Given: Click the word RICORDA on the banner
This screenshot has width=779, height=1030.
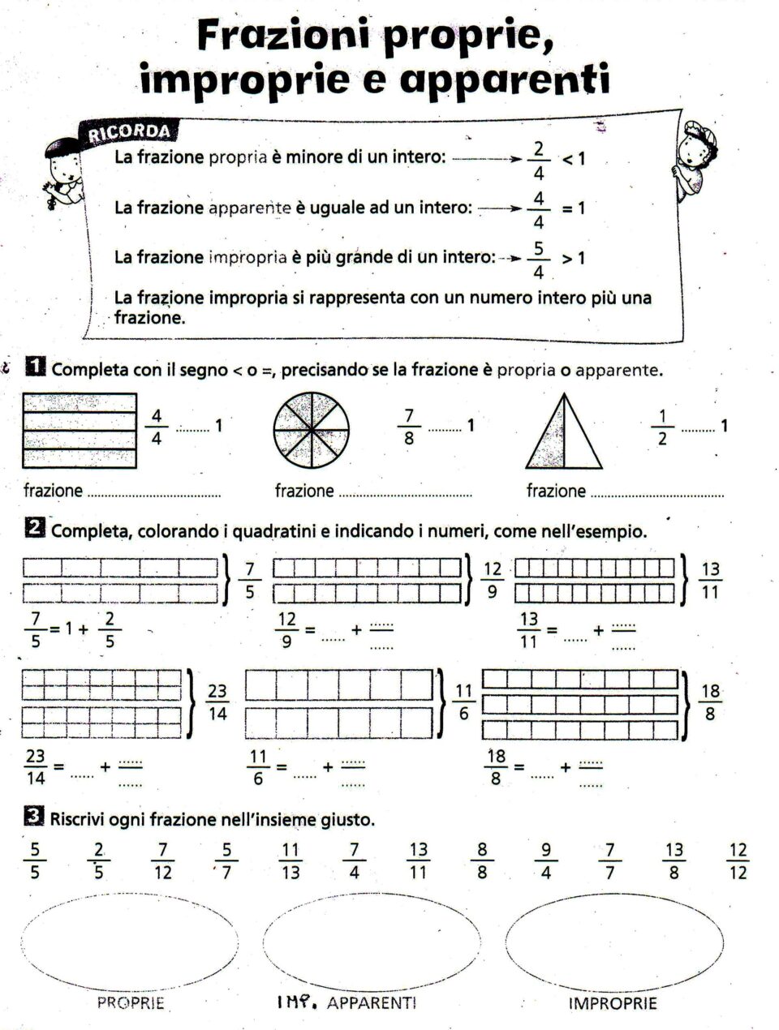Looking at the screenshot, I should (130, 131).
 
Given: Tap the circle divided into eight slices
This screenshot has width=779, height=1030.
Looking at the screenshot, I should (311, 430).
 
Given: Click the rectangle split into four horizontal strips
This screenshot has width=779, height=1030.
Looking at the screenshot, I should (80, 431).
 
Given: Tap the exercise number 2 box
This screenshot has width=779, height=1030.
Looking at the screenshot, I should (35, 529).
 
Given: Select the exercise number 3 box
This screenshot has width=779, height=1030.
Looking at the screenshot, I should (35, 818).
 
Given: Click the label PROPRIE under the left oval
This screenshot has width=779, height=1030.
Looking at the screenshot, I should (131, 1003).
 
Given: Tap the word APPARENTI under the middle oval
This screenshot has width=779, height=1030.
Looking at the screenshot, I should (372, 1003).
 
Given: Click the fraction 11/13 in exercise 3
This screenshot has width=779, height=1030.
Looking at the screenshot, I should (290, 861).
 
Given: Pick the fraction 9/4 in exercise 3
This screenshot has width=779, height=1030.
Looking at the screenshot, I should (545, 861).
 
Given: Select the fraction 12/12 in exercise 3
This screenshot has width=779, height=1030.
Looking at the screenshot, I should (738, 861).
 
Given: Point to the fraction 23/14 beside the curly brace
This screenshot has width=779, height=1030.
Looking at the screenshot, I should (217, 702).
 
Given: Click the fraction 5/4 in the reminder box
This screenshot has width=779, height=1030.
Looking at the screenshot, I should (539, 259).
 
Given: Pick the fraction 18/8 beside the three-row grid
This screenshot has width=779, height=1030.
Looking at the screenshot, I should (710, 702).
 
